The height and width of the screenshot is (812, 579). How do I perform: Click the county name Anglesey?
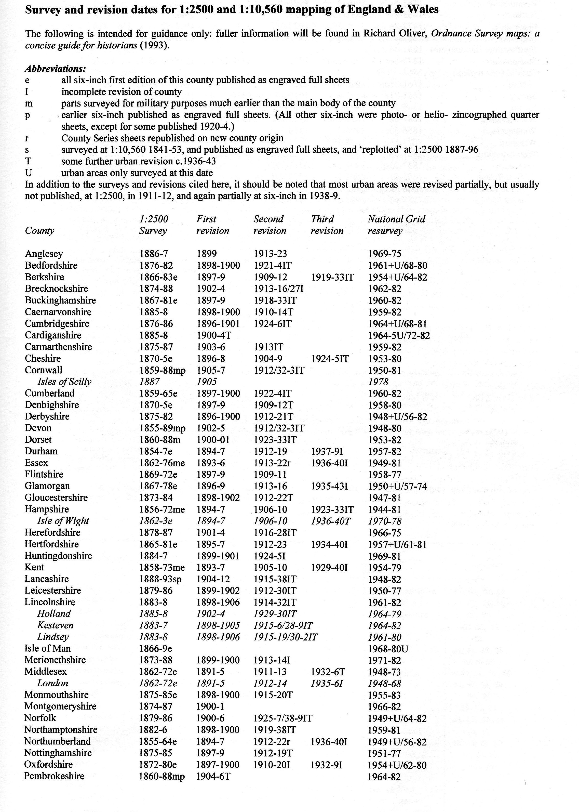tap(44, 254)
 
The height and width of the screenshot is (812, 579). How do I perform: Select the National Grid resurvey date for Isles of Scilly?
tap(378, 382)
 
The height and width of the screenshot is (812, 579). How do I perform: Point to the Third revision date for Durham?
tap(327, 451)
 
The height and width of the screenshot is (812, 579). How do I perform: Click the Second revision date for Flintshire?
tap(270, 475)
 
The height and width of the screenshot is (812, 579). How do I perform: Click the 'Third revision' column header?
tap(327, 225)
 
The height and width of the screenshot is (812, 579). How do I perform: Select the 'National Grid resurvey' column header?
tap(396, 225)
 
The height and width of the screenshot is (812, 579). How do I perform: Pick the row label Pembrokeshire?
tap(54, 776)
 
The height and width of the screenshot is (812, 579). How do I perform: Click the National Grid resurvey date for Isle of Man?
tap(388, 649)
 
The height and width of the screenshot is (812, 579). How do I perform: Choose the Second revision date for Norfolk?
tap(283, 718)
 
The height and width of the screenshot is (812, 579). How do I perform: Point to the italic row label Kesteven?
tap(55, 625)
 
